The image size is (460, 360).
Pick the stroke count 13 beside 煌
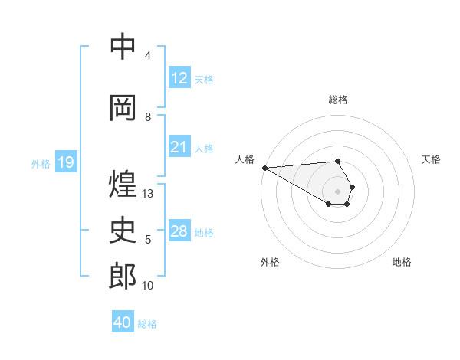(x=148, y=194)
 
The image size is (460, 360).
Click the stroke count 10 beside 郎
(x=148, y=286)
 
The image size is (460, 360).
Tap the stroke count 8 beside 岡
(x=148, y=117)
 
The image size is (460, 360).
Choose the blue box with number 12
(x=179, y=78)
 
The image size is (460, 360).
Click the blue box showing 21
(x=179, y=147)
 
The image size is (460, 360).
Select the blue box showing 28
(x=179, y=231)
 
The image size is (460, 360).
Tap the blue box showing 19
(x=66, y=162)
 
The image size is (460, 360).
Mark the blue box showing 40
(x=123, y=323)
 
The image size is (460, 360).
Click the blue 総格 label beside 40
(x=147, y=324)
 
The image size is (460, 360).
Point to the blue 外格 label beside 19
(x=40, y=163)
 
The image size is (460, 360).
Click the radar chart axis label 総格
(x=337, y=100)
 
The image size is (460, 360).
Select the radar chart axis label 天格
(x=431, y=159)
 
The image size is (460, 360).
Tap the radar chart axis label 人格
(x=245, y=159)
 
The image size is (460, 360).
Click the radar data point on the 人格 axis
(x=264, y=168)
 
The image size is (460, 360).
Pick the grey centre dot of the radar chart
(x=337, y=191)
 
